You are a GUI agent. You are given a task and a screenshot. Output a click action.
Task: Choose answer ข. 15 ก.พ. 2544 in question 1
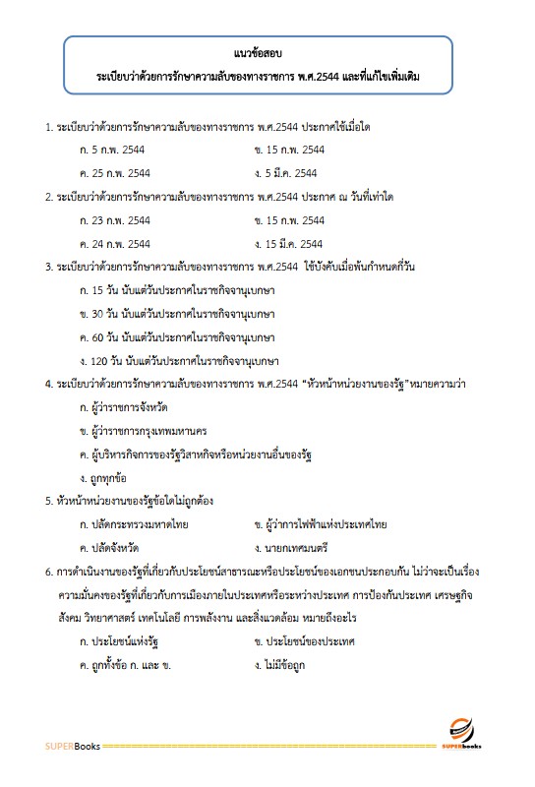(288, 150)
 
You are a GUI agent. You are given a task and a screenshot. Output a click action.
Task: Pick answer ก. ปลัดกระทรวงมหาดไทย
(134, 524)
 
